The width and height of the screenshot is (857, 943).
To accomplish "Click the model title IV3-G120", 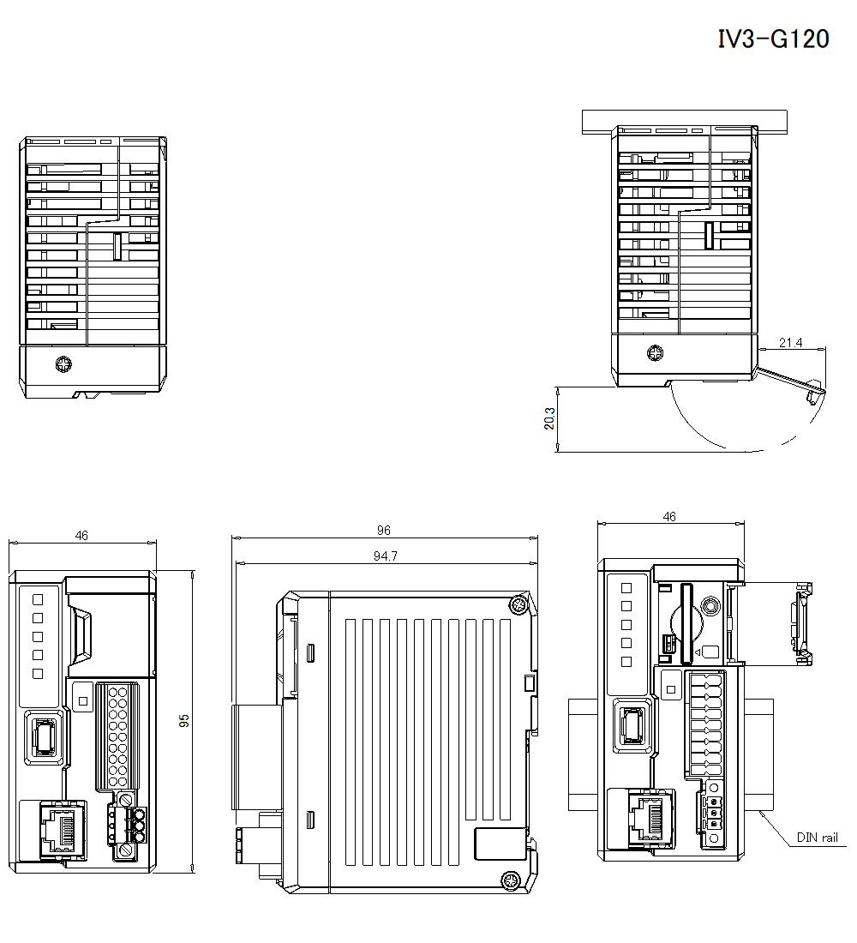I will pos(773,39).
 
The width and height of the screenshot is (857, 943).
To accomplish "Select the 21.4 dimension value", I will pos(790,343).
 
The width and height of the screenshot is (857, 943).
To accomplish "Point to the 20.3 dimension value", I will pos(549,417).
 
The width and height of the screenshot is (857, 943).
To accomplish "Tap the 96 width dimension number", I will pos(384,532).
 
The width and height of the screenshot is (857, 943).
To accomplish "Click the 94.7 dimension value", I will pos(385,556).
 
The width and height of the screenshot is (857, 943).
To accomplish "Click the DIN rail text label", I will pos(817,838).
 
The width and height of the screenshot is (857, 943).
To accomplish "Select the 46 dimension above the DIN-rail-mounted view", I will pos(670,517).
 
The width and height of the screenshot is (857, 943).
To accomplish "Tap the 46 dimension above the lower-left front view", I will pos(81,536).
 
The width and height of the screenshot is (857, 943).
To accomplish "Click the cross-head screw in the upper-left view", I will pos(63,365).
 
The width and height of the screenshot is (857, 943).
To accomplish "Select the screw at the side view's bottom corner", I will pos(510,880).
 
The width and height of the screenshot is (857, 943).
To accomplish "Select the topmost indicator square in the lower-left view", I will pos(37,598).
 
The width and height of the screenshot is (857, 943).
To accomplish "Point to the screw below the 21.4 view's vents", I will pos(656,353).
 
